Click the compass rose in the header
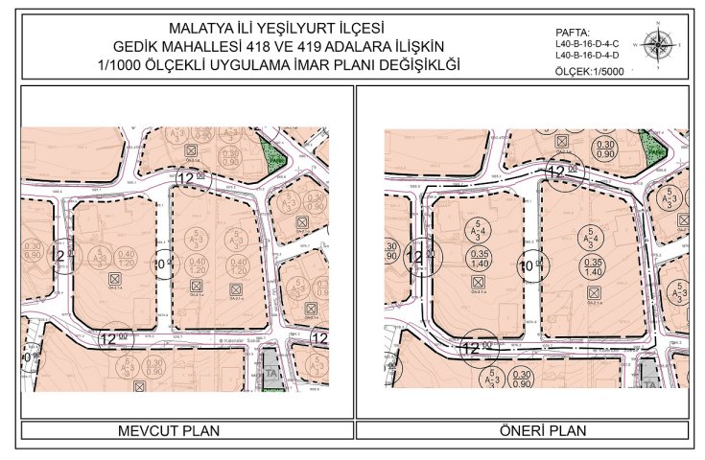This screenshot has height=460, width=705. pyautogui.click(x=659, y=44)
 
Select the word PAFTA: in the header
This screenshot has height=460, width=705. pyautogui.click(x=573, y=32)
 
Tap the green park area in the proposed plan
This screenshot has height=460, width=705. pyautogui.click(x=653, y=147)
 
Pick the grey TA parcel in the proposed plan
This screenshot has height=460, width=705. pyautogui.click(x=648, y=372)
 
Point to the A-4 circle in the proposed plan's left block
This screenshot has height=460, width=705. pyautogui.click(x=477, y=231)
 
